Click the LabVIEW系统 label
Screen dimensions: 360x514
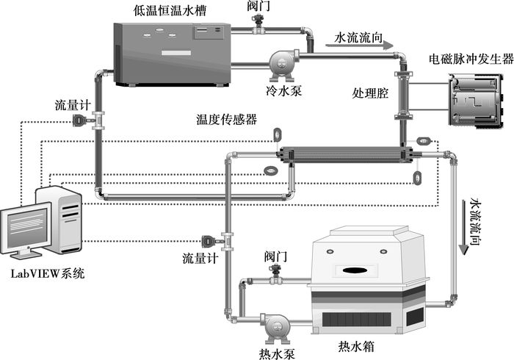point(48,274)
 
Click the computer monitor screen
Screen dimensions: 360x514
point(26,227)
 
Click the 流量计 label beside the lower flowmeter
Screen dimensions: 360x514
point(200,258)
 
